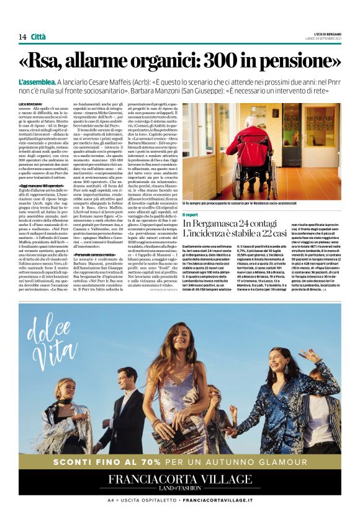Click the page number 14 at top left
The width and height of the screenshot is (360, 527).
coord(23,37)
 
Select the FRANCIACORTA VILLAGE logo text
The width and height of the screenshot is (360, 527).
coord(180,479)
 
